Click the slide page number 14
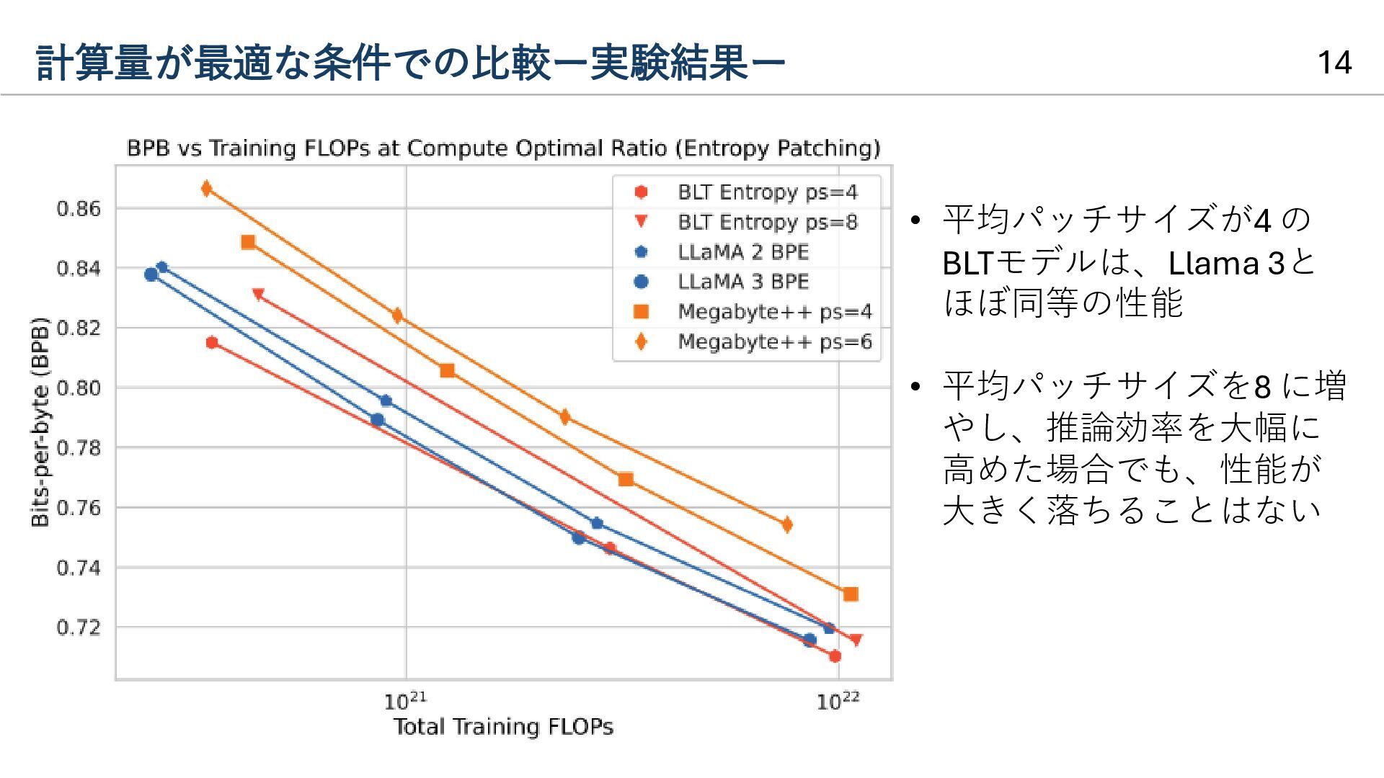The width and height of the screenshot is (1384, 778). (1334, 63)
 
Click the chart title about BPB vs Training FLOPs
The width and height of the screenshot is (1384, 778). (503, 148)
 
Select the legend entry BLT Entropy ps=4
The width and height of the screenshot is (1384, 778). (767, 192)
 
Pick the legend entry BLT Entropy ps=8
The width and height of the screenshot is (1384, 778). (767, 222)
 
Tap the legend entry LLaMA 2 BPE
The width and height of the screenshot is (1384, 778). (742, 252)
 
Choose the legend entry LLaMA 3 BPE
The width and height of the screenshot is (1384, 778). (742, 282)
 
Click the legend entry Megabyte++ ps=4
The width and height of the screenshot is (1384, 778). (774, 312)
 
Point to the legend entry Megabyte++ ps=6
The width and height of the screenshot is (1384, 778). (774, 341)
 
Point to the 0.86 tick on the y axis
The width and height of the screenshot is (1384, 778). (79, 209)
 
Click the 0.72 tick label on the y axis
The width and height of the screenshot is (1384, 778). (79, 627)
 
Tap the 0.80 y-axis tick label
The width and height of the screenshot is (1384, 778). (79, 388)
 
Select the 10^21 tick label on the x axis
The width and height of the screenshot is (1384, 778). (405, 701)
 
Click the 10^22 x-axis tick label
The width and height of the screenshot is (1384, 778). (838, 701)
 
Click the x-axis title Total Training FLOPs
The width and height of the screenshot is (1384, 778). (503, 726)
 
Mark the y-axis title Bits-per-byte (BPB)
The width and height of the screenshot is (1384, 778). (40, 422)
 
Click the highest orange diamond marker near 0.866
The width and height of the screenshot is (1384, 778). (207, 189)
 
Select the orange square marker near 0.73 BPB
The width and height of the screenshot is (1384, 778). (851, 594)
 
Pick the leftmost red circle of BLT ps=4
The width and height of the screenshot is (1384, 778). (212, 343)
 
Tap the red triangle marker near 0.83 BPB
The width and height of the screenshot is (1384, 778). (258, 294)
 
